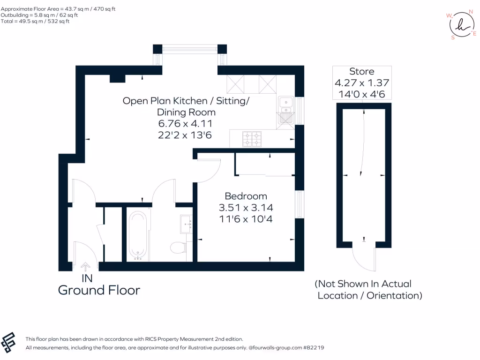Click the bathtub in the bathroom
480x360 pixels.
(x=138, y=236)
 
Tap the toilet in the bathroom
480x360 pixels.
(x=179, y=247)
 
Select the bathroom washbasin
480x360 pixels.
(x=186, y=224)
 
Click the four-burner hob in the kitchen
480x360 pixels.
(x=252, y=139)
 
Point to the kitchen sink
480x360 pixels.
(x=286, y=112)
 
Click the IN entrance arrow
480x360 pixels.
(x=85, y=267)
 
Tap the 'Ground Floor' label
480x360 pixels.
(x=99, y=290)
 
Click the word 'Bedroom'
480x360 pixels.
(x=246, y=196)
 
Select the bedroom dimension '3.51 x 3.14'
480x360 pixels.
(x=246, y=208)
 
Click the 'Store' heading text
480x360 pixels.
(x=362, y=71)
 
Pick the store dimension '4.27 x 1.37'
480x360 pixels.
(x=362, y=82)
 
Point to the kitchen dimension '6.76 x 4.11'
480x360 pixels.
(x=185, y=124)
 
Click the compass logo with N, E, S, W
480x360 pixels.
(x=462, y=25)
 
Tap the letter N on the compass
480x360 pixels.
(x=471, y=12)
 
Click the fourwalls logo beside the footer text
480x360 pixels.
(x=8, y=342)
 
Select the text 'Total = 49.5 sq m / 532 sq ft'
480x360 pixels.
(x=35, y=21)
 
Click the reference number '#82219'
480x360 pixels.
(x=314, y=347)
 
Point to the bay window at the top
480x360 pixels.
(x=190, y=49)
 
